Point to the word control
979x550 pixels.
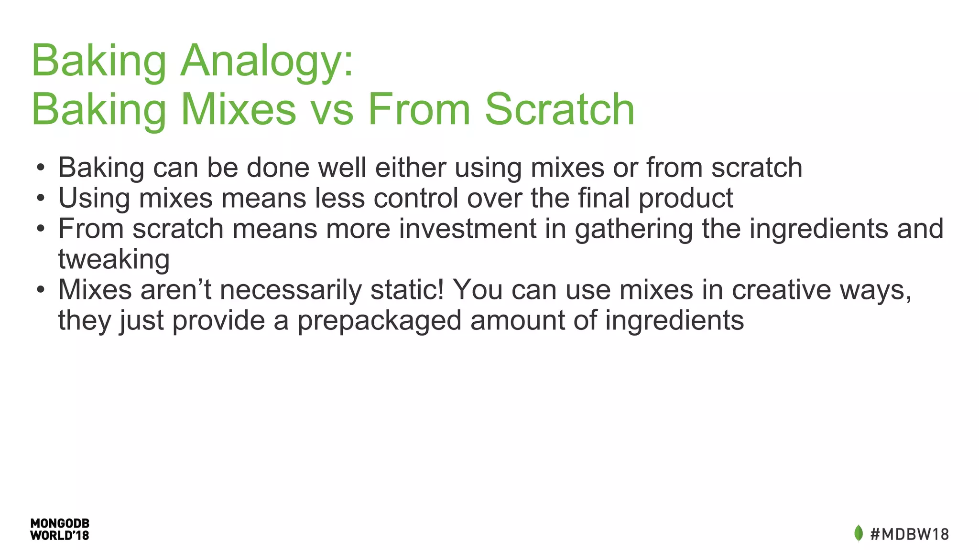[415, 198]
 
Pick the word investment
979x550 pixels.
[468, 229]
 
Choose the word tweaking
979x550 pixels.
[114, 260]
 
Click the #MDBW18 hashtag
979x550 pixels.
[909, 534]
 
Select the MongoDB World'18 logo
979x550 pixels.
[60, 529]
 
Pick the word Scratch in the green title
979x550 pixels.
[559, 110]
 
